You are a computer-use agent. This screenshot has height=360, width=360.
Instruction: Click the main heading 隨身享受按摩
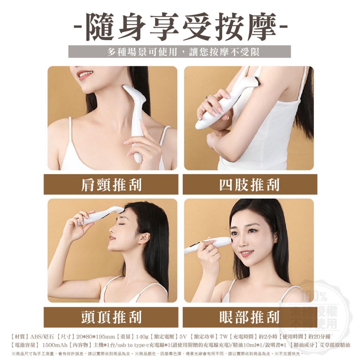(x=180, y=27)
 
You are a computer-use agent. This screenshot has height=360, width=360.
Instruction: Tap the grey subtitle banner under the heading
(x=180, y=52)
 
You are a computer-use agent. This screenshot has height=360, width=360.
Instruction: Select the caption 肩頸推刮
(x=111, y=185)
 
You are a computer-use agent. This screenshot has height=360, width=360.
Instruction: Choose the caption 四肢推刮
(x=250, y=185)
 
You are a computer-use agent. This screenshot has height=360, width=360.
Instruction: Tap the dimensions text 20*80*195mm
(x=95, y=336)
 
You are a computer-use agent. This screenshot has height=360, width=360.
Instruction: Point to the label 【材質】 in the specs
(x=20, y=336)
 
